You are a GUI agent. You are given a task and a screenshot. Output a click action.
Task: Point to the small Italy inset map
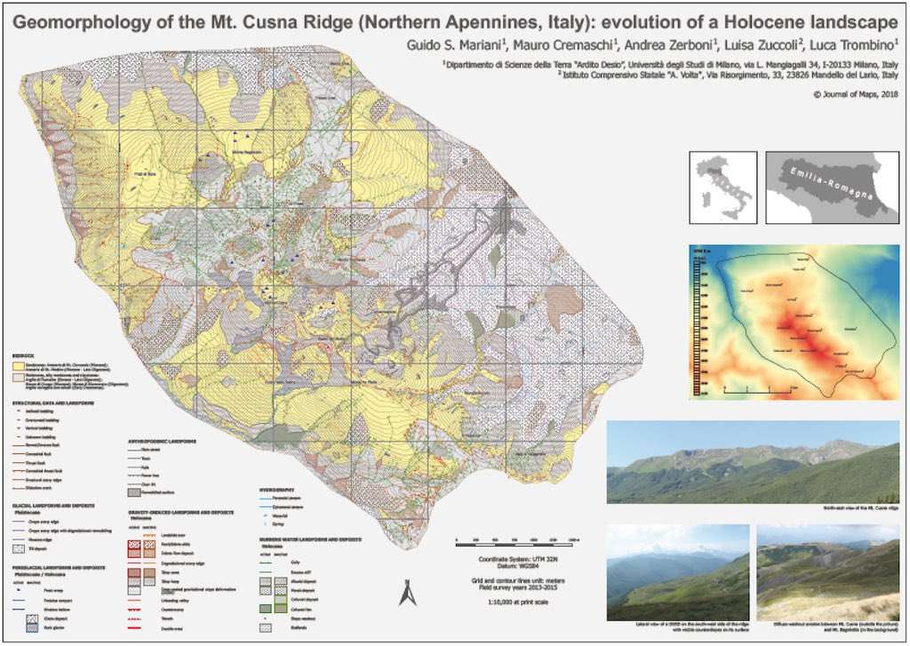722,187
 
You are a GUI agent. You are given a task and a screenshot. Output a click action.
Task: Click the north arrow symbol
404,590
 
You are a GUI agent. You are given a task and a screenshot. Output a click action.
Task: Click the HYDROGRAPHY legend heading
278,488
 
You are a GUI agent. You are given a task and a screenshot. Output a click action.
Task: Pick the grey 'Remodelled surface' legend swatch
134,490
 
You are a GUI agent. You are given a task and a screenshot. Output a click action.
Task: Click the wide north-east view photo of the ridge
752,462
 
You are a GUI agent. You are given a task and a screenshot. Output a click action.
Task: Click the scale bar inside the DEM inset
752,388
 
